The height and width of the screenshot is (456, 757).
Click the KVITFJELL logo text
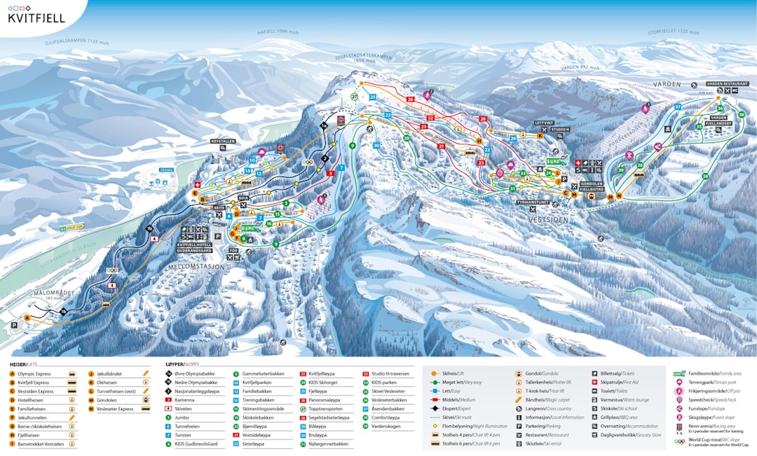point(36,18)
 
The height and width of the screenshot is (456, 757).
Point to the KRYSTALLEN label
point(223,141)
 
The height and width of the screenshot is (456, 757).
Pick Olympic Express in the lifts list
point(36,374)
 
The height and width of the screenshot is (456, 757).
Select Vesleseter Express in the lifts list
point(116,408)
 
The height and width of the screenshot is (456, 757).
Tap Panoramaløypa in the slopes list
point(325,400)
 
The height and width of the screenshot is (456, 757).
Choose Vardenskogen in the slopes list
point(387,426)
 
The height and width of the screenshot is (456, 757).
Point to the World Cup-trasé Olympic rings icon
point(678,442)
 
